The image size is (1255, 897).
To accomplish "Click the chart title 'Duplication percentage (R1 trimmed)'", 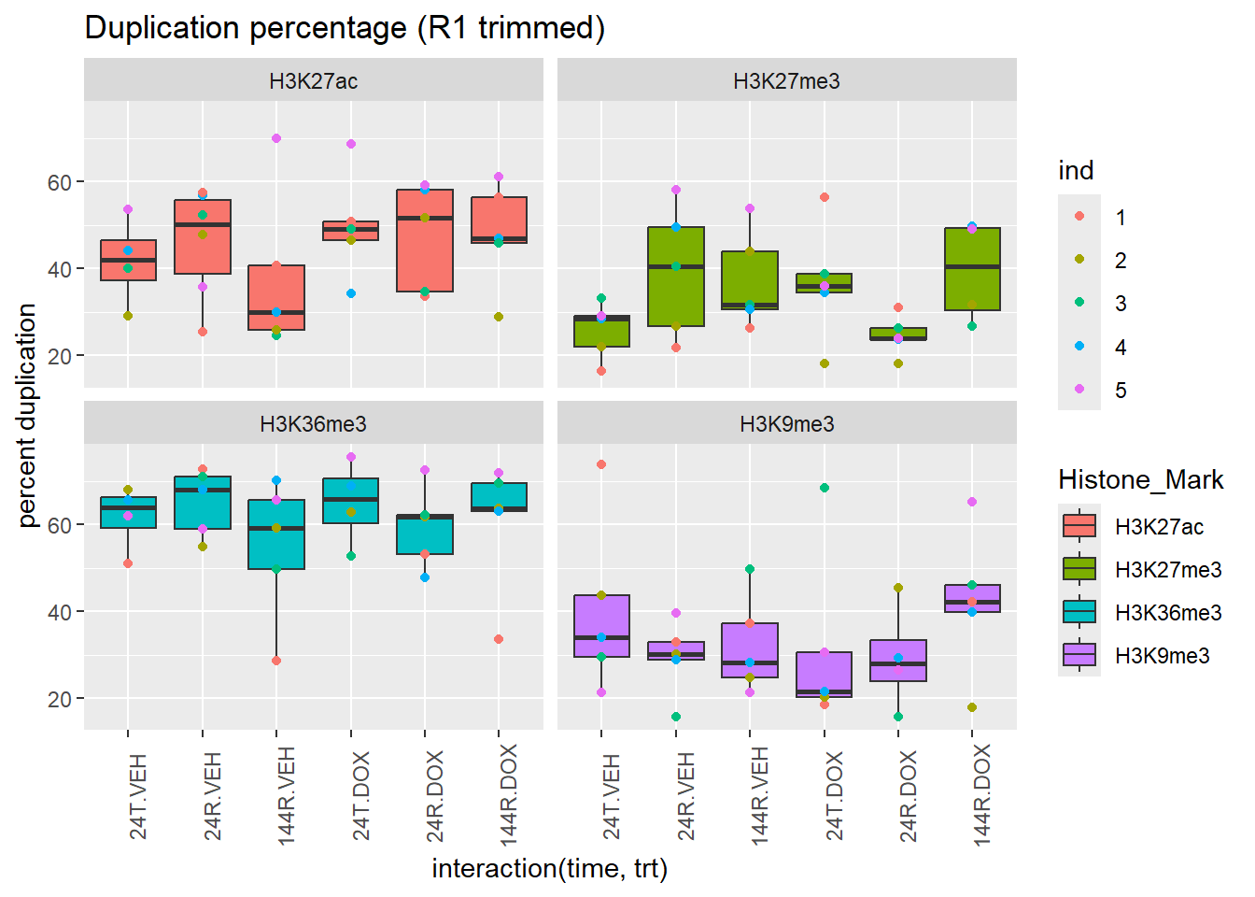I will click(x=345, y=28).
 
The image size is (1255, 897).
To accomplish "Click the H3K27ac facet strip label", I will click(x=313, y=81).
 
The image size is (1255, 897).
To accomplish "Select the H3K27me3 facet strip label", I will click(x=786, y=81).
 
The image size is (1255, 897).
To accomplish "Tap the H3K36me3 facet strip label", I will click(x=313, y=424).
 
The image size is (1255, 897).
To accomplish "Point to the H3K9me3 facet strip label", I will click(x=786, y=424).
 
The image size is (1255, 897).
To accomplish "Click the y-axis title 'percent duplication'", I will click(x=27, y=415).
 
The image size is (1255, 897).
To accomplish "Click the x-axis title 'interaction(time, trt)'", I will click(x=549, y=869).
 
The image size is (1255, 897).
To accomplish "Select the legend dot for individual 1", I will click(x=1079, y=217).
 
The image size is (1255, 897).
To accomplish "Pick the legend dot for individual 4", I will click(x=1079, y=347).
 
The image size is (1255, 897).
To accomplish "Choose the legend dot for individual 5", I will click(x=1079, y=390).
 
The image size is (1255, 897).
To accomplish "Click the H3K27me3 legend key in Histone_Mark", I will click(x=1079, y=569).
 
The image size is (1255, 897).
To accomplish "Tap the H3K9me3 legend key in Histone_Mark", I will click(x=1079, y=655).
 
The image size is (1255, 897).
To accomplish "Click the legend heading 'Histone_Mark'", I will click(x=1140, y=480).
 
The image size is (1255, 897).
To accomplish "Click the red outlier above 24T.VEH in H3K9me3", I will click(x=601, y=464).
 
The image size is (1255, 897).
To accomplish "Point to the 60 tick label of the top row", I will click(x=59, y=182).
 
